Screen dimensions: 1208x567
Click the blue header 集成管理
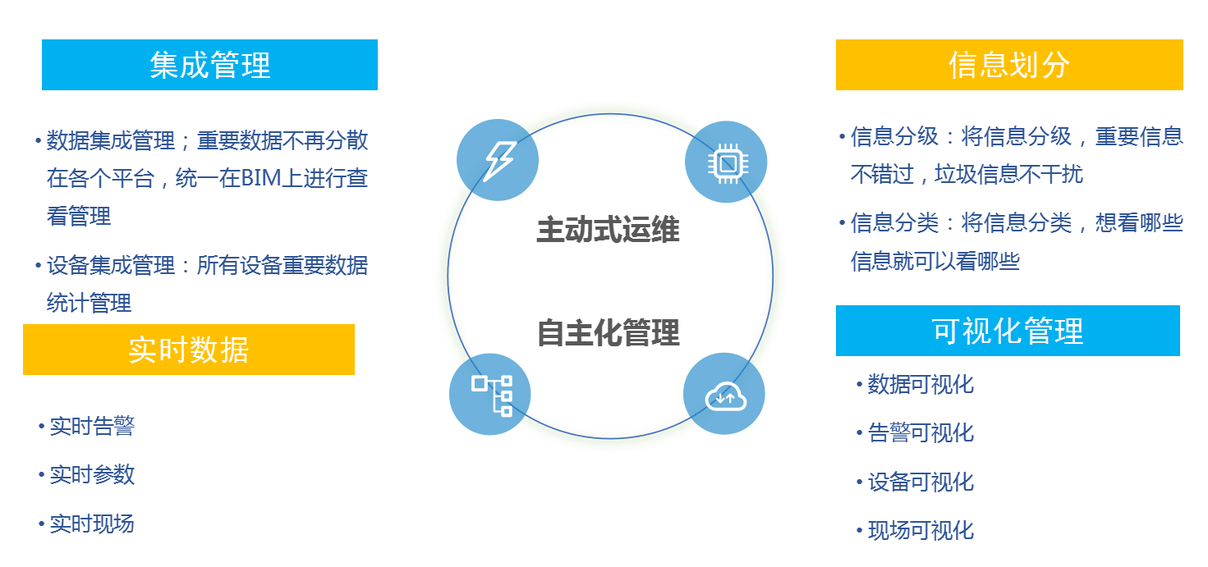(x=209, y=65)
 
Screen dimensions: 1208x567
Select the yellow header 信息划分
(x=1009, y=65)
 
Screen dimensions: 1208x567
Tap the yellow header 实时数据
(x=189, y=350)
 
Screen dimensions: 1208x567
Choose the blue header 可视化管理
(x=1008, y=331)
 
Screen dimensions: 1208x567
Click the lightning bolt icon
(x=499, y=161)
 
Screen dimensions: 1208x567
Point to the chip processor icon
(x=728, y=162)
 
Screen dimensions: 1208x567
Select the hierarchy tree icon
(x=491, y=396)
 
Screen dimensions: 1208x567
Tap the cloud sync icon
(x=725, y=396)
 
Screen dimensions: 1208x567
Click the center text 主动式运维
(x=609, y=229)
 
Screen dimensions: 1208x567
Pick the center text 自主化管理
(x=609, y=332)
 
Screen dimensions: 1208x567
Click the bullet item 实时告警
(x=92, y=426)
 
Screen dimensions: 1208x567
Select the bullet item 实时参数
(x=92, y=474)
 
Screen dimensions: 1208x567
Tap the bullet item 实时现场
(x=92, y=524)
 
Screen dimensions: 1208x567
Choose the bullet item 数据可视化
(x=921, y=384)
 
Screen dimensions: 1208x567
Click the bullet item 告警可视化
(x=921, y=432)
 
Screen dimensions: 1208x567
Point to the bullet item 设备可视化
(x=921, y=482)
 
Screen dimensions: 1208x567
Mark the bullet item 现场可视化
(x=921, y=530)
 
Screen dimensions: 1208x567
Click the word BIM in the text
(x=260, y=178)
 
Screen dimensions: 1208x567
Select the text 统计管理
(x=89, y=303)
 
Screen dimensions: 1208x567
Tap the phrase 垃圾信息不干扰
(x=1009, y=174)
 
